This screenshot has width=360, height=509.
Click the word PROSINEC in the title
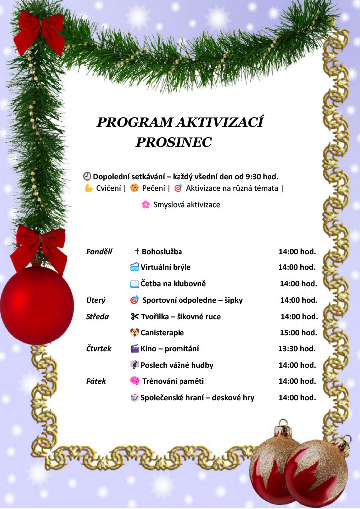[174, 143]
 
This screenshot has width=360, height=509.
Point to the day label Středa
[98, 316]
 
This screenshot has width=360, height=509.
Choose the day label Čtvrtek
[99, 349]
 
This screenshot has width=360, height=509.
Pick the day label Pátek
[96, 381]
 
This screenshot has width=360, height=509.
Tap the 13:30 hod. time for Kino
[297, 349]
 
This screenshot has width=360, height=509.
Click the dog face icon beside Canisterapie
[135, 332]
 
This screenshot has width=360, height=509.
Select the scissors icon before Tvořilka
[135, 316]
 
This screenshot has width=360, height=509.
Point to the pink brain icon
[134, 381]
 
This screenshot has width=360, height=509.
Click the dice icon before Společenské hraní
[135, 398]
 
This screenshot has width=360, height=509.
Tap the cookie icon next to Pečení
[134, 188]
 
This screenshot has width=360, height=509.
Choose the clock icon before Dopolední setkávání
[87, 176]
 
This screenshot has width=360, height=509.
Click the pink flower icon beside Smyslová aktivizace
[145, 205]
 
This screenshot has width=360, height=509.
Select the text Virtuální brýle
[166, 267]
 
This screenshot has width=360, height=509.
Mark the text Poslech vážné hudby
[177, 365]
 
